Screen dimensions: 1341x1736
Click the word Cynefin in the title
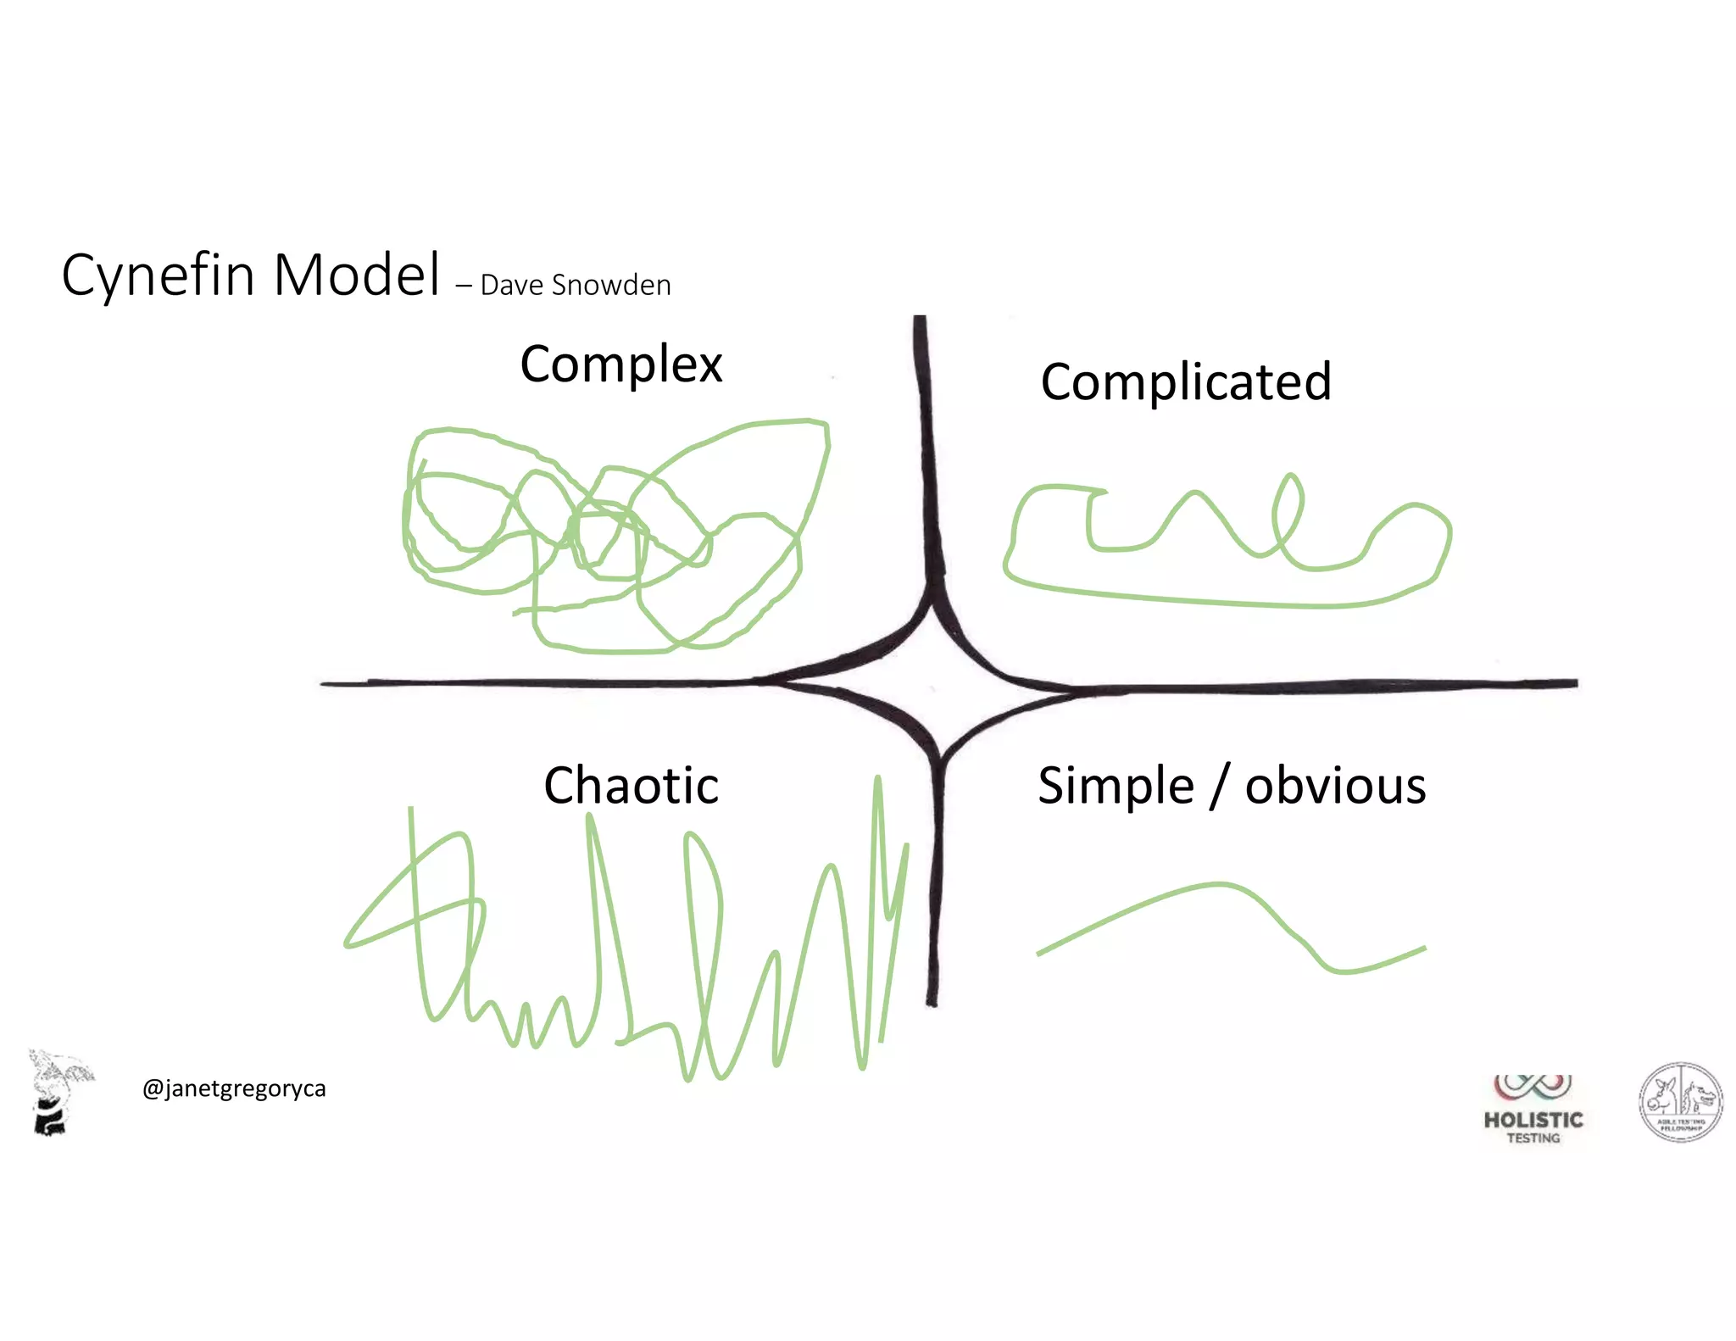(x=158, y=275)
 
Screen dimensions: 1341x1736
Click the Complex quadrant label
(x=620, y=364)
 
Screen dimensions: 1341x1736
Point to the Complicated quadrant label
(x=1185, y=381)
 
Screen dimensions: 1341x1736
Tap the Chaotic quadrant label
(x=631, y=785)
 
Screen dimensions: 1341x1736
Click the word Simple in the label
(x=1116, y=786)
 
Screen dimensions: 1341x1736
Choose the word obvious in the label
(x=1335, y=785)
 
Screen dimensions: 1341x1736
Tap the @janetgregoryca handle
(x=234, y=1088)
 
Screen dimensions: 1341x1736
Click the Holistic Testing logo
(x=1533, y=1110)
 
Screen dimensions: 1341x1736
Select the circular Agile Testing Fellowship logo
(x=1680, y=1102)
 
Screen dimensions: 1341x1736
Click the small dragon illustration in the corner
(x=58, y=1092)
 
